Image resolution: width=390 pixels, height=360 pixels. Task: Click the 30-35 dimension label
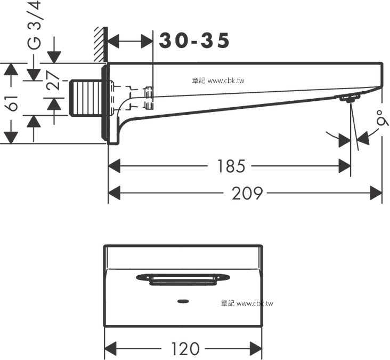click(x=194, y=41)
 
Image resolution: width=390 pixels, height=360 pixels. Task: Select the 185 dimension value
click(x=231, y=167)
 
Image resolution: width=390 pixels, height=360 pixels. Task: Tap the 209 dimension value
click(x=247, y=194)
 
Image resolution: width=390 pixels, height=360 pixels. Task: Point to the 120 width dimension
click(x=185, y=349)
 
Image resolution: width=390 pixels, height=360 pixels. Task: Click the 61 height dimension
click(x=12, y=103)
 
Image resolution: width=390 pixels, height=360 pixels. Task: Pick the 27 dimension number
click(x=52, y=81)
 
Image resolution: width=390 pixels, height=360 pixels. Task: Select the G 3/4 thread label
click(x=33, y=26)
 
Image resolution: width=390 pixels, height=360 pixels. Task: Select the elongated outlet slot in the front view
click(x=183, y=278)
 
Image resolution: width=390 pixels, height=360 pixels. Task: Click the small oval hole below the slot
click(x=183, y=300)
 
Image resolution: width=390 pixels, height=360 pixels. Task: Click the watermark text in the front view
click(x=246, y=303)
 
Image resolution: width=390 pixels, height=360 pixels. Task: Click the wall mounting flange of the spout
click(x=112, y=104)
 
